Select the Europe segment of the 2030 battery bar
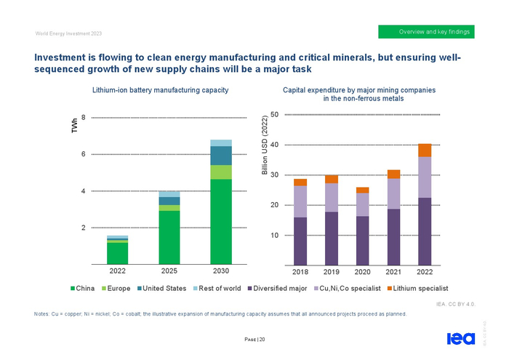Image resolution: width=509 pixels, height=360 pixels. pyautogui.click(x=221, y=172)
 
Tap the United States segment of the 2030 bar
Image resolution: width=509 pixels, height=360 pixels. pyautogui.click(x=221, y=156)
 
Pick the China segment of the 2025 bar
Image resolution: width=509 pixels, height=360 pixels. pyautogui.click(x=169, y=237)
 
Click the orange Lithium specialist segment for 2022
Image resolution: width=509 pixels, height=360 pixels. pyautogui.click(x=425, y=151)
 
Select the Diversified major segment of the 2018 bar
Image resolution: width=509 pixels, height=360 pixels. pyautogui.click(x=300, y=241)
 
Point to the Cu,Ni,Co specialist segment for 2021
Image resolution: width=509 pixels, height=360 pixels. pyautogui.click(x=393, y=194)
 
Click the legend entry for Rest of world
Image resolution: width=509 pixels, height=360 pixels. pyautogui.click(x=220, y=289)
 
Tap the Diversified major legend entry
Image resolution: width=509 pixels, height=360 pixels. pyautogui.click(x=278, y=289)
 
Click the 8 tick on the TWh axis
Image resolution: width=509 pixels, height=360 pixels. pyautogui.click(x=84, y=117)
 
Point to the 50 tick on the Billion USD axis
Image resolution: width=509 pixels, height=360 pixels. pyautogui.click(x=273, y=114)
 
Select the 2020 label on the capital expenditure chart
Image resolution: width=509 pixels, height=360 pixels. pyautogui.click(x=362, y=272)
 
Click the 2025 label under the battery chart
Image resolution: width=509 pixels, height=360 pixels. pyautogui.click(x=169, y=271)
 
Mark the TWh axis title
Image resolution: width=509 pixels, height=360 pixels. pyautogui.click(x=73, y=127)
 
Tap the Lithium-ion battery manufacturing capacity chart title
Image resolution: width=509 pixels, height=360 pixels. pyautogui.click(x=161, y=89)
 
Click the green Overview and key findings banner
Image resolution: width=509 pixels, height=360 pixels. pyautogui.click(x=428, y=32)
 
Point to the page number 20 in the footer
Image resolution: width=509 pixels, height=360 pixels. pyautogui.click(x=254, y=339)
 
